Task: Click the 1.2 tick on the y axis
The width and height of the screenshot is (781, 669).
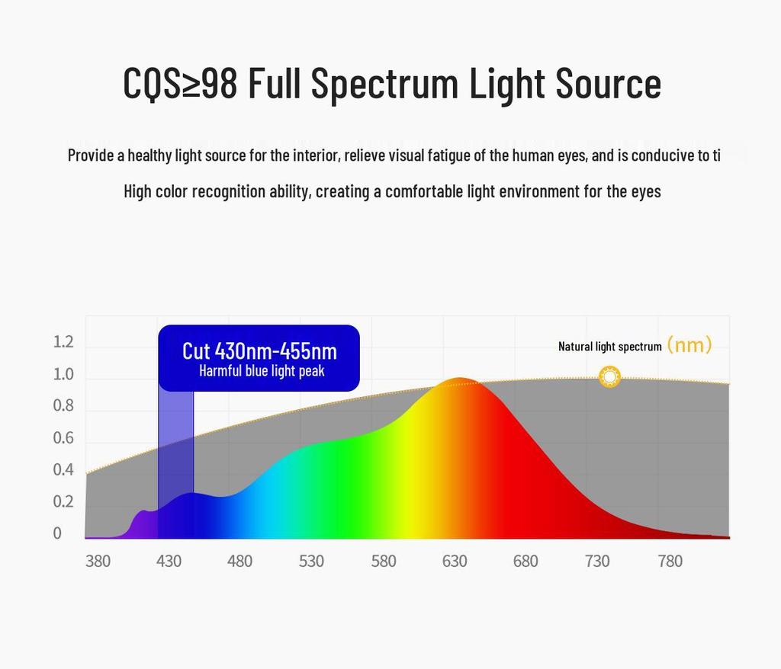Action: (63, 342)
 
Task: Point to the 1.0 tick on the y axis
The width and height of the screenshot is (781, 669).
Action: (63, 374)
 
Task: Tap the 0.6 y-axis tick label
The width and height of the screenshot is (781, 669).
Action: (63, 438)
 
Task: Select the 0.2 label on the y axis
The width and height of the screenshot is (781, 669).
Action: (63, 501)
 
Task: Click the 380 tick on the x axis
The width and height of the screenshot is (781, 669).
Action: (98, 562)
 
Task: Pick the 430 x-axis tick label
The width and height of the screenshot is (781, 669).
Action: (169, 562)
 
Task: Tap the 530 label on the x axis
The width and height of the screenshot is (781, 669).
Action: (311, 562)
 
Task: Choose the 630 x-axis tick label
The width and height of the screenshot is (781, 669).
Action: (455, 562)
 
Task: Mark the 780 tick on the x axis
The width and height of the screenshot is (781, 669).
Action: (670, 562)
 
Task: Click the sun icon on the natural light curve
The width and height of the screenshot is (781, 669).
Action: (609, 376)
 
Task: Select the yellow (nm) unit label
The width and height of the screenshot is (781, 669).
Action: (689, 345)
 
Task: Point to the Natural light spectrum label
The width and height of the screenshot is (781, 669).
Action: (609, 347)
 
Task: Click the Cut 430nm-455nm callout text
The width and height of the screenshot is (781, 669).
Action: (259, 351)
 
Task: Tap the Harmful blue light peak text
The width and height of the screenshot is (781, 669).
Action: (262, 371)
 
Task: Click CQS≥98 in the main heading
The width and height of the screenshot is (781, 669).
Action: (180, 83)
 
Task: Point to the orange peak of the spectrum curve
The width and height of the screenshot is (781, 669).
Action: (458, 381)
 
